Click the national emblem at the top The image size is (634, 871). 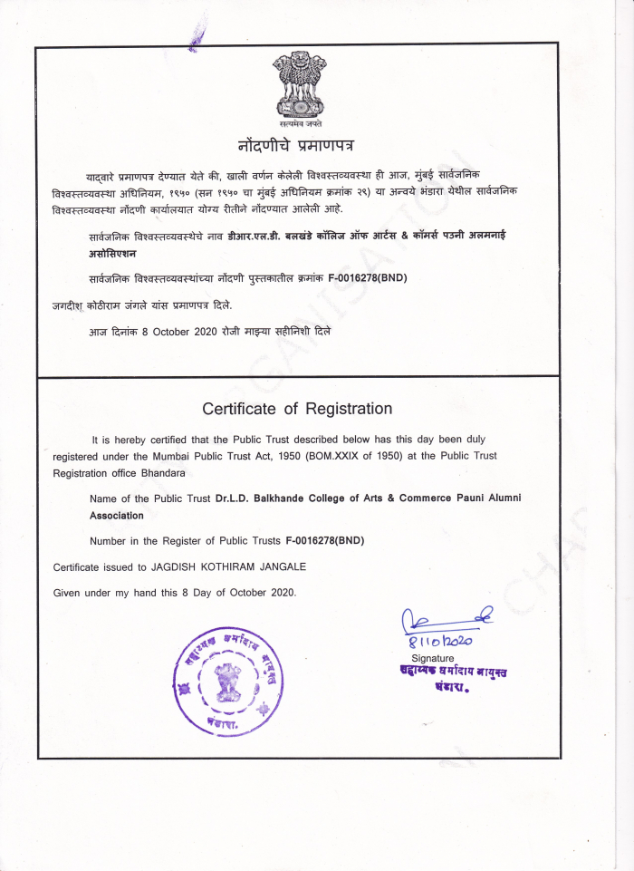[x=299, y=83]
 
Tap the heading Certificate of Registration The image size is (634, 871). [x=297, y=409]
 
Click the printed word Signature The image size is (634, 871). [x=433, y=657]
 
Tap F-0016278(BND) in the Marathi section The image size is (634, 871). [x=367, y=277]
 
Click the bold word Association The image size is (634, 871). [x=117, y=515]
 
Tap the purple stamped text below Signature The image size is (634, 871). [x=442, y=679]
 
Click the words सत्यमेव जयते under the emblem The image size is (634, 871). [x=300, y=121]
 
